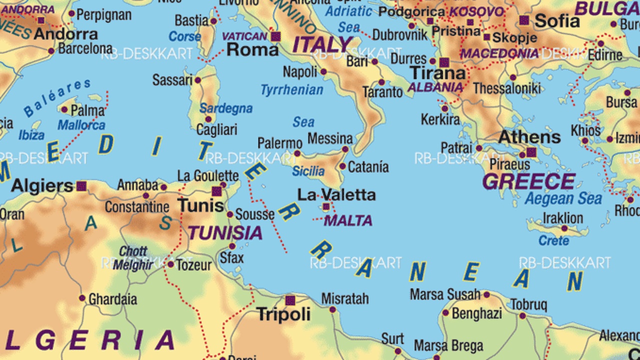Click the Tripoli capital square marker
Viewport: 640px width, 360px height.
290,300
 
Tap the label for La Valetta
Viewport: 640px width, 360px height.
336,194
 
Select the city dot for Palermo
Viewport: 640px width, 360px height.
297,153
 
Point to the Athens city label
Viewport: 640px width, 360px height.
529,136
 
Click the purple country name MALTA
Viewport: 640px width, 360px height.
348,220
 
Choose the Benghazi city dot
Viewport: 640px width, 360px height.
445,313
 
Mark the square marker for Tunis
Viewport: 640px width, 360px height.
216,191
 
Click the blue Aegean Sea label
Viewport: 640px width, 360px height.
563,198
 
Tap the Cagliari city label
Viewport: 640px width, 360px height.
216,130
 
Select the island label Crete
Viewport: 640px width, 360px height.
553,240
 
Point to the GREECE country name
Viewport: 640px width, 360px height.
528,181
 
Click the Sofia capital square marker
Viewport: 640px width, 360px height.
523,20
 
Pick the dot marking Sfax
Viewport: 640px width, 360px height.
232,246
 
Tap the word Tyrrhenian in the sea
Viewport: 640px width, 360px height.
291,90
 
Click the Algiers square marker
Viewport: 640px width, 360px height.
81,186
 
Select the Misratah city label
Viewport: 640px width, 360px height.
345,298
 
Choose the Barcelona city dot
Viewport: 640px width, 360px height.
51,51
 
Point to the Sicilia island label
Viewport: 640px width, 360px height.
308,171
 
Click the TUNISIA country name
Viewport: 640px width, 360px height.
225,232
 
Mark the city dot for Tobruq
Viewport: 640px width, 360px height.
522,316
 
